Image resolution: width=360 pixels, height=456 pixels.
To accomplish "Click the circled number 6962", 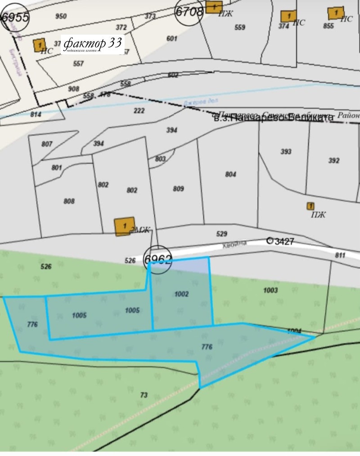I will coord(158,259).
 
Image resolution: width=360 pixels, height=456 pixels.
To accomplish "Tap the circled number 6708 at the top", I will coord(189,11).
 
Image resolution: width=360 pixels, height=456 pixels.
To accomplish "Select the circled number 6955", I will coord(15,18).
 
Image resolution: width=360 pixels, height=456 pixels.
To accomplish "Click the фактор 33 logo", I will coord(92,45).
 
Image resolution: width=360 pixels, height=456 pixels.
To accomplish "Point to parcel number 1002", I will coord(181,294).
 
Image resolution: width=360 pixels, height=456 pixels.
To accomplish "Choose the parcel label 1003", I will coord(270,291).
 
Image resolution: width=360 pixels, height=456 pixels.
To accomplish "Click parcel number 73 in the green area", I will coord(144,395).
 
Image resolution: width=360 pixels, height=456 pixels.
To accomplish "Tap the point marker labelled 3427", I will coord(270,241).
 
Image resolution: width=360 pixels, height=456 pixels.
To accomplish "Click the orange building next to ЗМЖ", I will coord(124,226).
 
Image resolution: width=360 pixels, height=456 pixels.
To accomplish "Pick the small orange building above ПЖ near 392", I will coord(310,206).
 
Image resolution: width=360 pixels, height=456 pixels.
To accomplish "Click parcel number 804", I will coord(230,174).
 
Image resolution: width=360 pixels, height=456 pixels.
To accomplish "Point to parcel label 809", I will coord(178,189).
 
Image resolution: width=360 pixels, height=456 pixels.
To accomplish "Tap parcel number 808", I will coord(69,201).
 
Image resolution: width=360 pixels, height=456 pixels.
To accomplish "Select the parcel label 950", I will coord(61,17).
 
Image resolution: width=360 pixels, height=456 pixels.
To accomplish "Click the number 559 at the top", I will coord(240,27).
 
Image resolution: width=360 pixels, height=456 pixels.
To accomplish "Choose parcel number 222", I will coord(139,111).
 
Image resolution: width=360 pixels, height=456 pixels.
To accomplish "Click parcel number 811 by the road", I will coord(340,255).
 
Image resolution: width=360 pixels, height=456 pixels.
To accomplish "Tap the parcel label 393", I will coord(286,152).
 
